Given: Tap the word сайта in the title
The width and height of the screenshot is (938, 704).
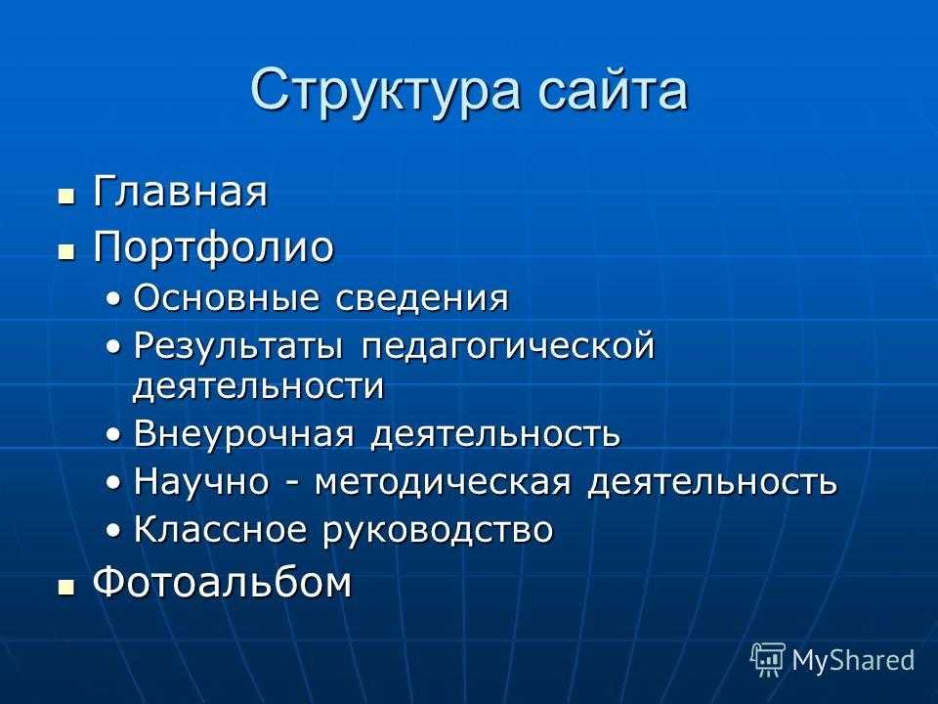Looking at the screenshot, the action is point(613,90).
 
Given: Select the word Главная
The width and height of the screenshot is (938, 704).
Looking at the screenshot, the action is point(180,191).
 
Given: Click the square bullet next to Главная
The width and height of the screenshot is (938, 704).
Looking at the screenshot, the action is point(66,197).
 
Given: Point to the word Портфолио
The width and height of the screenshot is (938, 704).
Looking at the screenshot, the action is point(213,246).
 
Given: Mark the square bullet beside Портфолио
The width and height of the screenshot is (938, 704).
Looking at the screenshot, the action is point(66,251).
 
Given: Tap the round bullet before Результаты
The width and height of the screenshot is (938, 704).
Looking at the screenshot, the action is point(113,346).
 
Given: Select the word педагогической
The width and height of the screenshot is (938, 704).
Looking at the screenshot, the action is point(508,347).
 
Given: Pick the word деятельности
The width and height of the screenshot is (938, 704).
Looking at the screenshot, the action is point(258,386).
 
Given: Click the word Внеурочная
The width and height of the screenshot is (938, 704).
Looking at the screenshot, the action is point(243,433).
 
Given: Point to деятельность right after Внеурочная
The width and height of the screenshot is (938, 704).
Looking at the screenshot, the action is point(495,434).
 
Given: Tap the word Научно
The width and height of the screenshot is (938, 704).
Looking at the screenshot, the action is point(201,481).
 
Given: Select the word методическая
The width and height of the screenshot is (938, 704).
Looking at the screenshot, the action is point(443,482).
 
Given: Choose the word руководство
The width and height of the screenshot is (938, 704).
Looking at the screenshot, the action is point(439,531).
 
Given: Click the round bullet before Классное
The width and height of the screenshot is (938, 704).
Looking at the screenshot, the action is point(113,530).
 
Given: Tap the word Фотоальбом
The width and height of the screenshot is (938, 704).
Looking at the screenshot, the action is point(223,582).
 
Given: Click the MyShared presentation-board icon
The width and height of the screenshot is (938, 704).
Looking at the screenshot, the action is point(768,659).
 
